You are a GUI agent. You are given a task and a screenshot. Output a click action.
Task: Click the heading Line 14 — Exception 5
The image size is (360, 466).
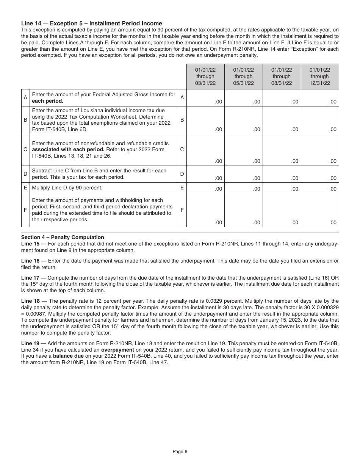pyautogui.click(x=91, y=23)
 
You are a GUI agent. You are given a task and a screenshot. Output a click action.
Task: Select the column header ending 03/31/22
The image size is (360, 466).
pyautogui.click(x=205, y=77)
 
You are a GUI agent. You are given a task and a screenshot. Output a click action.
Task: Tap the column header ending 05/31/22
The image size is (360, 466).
pyautogui.click(x=243, y=77)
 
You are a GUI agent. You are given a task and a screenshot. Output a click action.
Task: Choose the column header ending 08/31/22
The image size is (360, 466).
pyautogui.click(x=282, y=77)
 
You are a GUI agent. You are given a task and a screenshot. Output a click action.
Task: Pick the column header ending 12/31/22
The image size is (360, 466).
pyautogui.click(x=320, y=77)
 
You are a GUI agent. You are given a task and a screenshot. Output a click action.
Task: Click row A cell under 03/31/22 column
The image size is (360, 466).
pyautogui.click(x=205, y=98)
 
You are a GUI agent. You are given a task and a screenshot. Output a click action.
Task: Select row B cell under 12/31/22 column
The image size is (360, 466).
pyautogui.click(x=320, y=120)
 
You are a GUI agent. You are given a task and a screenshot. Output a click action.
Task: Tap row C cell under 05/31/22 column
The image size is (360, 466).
pyautogui.click(x=243, y=150)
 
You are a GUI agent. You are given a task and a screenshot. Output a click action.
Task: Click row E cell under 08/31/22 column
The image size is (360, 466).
pyautogui.click(x=282, y=188)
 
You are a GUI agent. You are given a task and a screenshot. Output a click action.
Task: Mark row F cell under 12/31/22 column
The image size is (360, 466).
pyautogui.click(x=320, y=210)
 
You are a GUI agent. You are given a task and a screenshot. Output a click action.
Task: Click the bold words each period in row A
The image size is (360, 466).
pyautogui.click(x=47, y=101)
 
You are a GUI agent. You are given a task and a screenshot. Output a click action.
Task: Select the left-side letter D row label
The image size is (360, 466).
pyautogui.click(x=25, y=174)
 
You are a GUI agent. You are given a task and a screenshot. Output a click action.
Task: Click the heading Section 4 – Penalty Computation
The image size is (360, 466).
pyautogui.click(x=63, y=238)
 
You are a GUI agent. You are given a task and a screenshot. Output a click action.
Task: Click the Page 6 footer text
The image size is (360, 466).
pyautogui.click(x=180, y=451)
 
